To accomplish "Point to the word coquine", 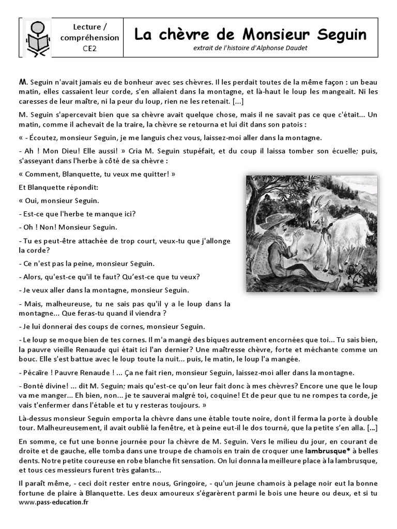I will (x=245, y=396).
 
